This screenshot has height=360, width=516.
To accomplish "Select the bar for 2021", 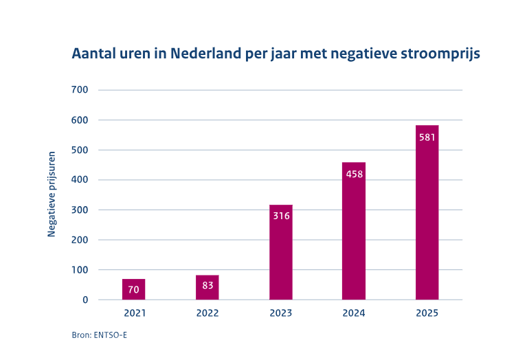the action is [133, 289].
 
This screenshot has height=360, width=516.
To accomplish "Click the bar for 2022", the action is [207, 287].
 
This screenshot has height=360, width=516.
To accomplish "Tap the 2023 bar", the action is [281, 252].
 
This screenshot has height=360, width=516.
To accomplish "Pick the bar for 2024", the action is [354, 231].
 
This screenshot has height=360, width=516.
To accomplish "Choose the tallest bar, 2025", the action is [427, 212].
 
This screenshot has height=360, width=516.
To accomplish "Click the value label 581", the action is [427, 137].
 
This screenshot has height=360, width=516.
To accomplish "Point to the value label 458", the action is [355, 174].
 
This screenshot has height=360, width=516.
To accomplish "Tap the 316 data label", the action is [282, 216].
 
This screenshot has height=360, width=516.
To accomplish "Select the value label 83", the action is [207, 285].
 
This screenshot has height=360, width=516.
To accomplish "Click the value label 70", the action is [133, 289].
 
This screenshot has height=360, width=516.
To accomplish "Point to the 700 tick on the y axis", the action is [80, 90].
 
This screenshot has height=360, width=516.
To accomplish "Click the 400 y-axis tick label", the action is [80, 180].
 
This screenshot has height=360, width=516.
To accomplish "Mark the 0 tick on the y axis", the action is [86, 300].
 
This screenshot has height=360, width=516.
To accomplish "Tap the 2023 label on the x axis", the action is [281, 313].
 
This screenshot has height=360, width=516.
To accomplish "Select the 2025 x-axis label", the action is [427, 313].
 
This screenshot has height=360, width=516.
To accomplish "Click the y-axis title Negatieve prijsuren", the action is [52, 194].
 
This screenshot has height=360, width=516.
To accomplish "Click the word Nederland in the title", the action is [205, 54].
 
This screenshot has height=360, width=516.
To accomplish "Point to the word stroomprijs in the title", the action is [440, 54].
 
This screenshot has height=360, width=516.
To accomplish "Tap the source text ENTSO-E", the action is [110, 335].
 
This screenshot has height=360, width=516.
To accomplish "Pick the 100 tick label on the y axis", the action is [80, 270].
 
